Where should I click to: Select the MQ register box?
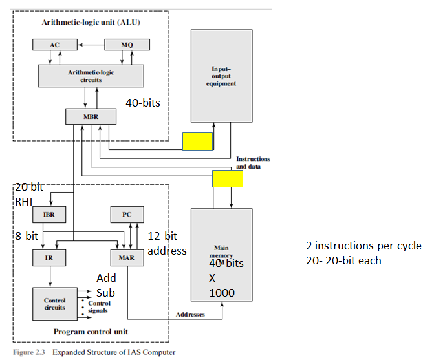[x=127, y=45]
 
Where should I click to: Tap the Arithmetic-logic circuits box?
[x=91, y=76]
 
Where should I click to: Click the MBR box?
[x=90, y=117]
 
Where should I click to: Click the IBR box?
[x=49, y=214]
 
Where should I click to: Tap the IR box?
[x=49, y=258]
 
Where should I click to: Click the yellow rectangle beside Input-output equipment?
[x=197, y=141]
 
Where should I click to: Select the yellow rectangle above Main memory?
[x=228, y=178]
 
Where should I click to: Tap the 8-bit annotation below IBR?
[x=29, y=236]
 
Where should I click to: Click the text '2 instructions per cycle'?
[x=363, y=246]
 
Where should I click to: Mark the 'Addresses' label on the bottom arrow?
[x=191, y=314]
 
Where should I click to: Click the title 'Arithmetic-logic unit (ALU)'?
[x=91, y=23]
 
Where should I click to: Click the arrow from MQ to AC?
[x=90, y=45]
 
